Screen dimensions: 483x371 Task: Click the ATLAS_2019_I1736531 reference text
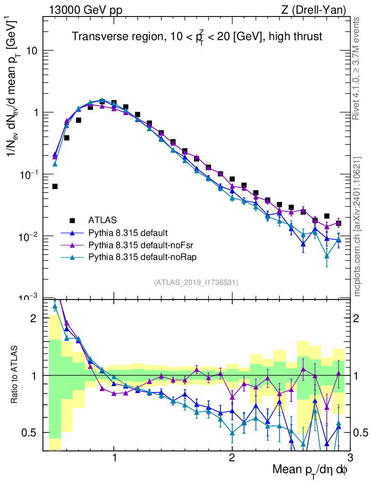pyautogui.click(x=196, y=283)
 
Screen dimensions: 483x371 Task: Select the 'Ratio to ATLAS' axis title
pyautogui.click(x=16, y=374)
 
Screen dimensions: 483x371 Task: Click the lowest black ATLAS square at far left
pyautogui.click(x=55, y=186)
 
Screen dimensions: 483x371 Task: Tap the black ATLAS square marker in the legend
pyautogui.click(x=72, y=220)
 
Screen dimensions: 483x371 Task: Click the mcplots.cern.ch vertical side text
pyautogui.click(x=358, y=226)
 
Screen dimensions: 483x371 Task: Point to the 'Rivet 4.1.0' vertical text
pyautogui.click(x=358, y=68)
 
